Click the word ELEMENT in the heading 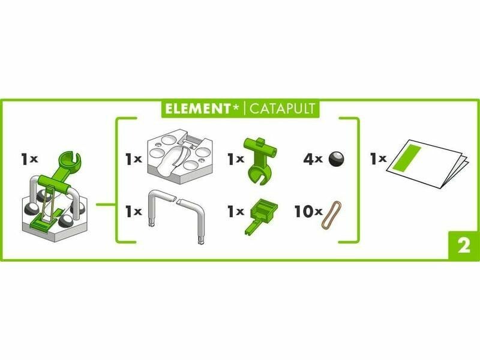click(197, 109)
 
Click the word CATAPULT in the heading click(282, 109)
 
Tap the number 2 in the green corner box click(464, 245)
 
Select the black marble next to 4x click(336, 159)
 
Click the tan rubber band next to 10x click(331, 215)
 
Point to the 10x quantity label click(308, 211)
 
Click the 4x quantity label click(313, 159)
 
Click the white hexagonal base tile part click(179, 156)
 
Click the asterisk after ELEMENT click(236, 107)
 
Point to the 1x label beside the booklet click(378, 158)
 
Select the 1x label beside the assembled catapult click(29, 159)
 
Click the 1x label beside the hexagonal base click(134, 159)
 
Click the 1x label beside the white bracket click(134, 212)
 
